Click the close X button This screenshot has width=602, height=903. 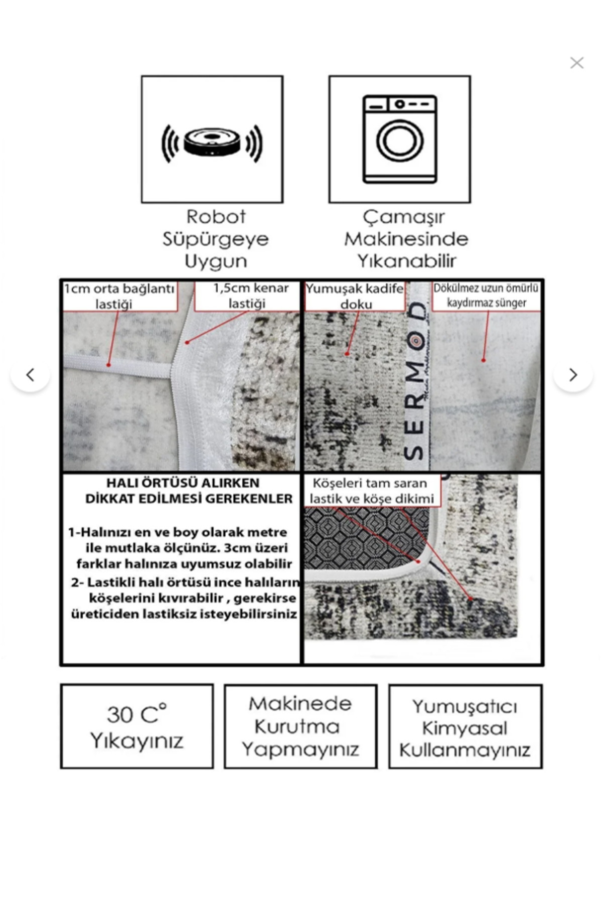click(576, 63)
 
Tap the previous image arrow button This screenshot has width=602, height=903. click(31, 375)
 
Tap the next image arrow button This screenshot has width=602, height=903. click(572, 375)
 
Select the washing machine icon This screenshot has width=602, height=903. click(400, 139)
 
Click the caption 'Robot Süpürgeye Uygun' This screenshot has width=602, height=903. click(216, 239)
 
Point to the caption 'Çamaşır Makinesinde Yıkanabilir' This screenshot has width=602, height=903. click(406, 239)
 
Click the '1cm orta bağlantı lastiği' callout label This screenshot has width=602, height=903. click(119, 296)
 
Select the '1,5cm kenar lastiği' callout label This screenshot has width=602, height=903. click(247, 295)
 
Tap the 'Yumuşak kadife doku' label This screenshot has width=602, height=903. click(355, 296)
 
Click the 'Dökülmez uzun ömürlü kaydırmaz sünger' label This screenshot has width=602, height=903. click(486, 295)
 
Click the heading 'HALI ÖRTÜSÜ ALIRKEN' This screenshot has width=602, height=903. click(183, 483)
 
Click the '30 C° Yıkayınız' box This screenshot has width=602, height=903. click(136, 726)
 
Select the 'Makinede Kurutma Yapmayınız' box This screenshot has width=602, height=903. click(300, 726)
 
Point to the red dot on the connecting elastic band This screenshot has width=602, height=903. click(109, 365)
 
